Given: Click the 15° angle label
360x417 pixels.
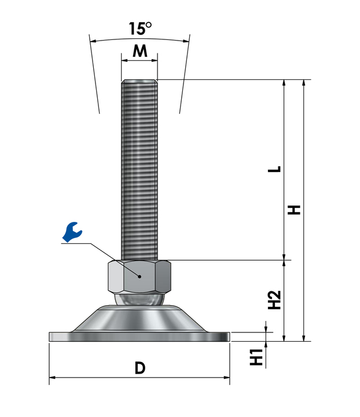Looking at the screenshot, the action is tap(140, 28).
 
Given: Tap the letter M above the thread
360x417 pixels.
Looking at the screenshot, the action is tap(139, 51).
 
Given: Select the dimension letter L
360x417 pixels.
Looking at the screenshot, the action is tap(274, 169).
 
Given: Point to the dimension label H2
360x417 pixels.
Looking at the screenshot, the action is tap(274, 300).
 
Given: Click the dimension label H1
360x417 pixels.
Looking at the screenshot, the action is tap(256, 357).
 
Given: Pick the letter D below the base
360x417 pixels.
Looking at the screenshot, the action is tap(140, 368).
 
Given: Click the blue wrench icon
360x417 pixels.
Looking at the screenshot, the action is tap(72, 232).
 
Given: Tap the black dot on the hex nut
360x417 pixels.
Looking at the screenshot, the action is tap(139, 277).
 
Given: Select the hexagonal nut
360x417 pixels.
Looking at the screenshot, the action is tap(139, 277).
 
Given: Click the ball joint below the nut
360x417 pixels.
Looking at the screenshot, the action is tap(139, 299).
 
